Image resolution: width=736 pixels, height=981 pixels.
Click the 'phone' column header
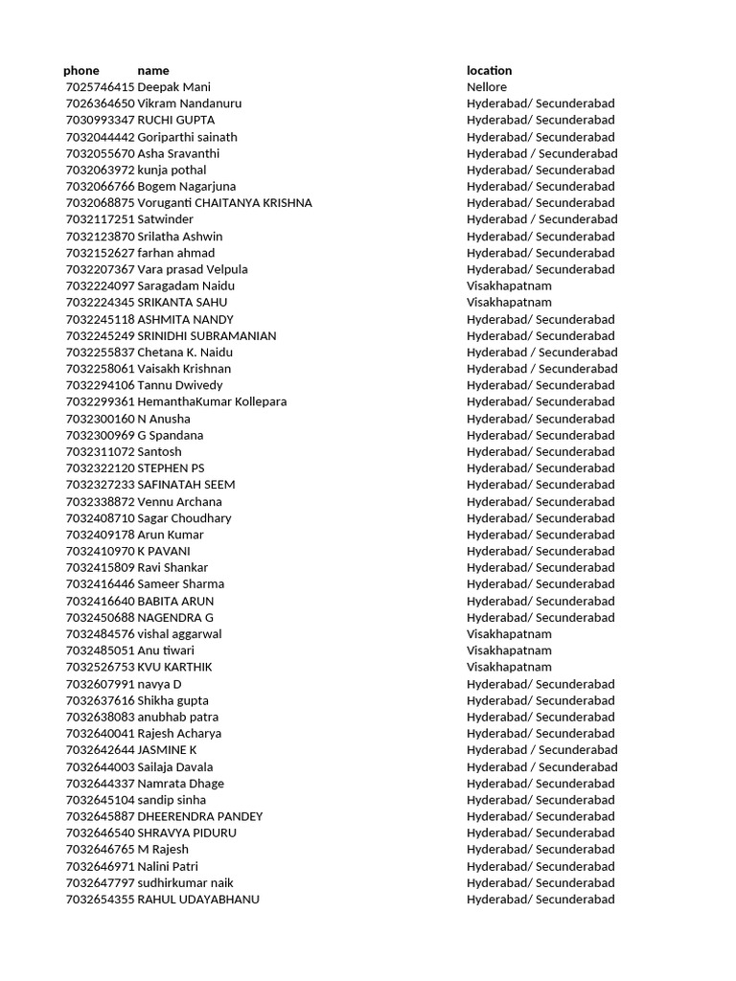[x=81, y=70]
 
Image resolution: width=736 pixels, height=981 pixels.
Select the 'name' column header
[x=153, y=70]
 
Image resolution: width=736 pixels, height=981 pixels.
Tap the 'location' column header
[x=489, y=70]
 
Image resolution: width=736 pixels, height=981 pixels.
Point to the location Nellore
[x=487, y=87]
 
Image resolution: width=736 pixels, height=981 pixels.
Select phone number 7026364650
[x=100, y=103]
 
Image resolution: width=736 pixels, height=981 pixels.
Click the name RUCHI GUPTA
[x=176, y=120]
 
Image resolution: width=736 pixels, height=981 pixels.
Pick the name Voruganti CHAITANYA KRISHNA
[x=224, y=202]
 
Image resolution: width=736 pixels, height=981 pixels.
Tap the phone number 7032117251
[x=100, y=219]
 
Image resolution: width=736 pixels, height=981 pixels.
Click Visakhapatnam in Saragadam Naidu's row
[x=509, y=285]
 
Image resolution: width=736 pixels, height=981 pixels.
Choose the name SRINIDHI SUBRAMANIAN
[x=207, y=335]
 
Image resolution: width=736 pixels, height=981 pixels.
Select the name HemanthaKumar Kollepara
[x=212, y=401]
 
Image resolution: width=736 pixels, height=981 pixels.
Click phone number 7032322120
[x=100, y=468]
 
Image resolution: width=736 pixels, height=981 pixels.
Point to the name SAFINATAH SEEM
[x=186, y=484]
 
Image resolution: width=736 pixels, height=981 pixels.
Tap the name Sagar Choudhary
[x=184, y=517]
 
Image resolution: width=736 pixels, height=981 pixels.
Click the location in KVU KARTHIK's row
[x=509, y=667]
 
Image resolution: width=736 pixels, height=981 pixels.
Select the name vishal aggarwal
[x=179, y=633]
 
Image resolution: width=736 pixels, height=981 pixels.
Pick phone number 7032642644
[x=100, y=749]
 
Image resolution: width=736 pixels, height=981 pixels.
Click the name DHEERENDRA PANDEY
[x=200, y=816]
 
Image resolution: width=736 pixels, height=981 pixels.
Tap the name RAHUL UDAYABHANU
[x=198, y=899]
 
